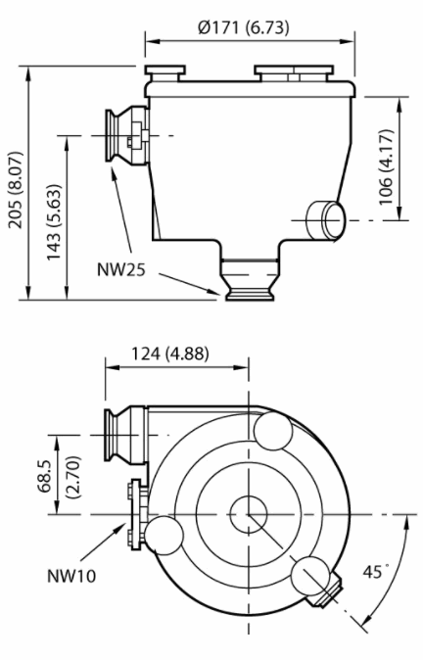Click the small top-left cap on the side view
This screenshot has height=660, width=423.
point(163,73)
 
